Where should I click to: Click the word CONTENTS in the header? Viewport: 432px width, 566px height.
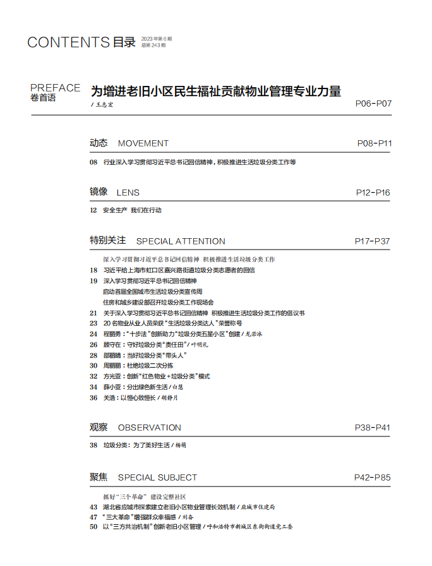coord(68,43)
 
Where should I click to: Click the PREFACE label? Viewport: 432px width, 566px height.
coord(56,88)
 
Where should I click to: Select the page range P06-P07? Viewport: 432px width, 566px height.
coord(374,102)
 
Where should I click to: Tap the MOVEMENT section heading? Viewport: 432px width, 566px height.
coord(143,143)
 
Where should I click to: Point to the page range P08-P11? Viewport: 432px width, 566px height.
coord(375,143)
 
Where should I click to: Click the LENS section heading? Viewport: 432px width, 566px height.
coord(128,193)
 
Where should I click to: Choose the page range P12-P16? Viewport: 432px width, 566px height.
coord(373,193)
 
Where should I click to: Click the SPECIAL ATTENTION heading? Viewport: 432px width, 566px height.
coord(181,241)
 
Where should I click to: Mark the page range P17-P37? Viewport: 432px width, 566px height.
coord(373,241)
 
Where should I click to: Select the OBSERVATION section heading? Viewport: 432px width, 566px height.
coord(150,428)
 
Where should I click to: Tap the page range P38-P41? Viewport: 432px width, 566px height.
coord(373,428)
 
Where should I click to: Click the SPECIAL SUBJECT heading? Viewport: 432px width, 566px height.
coord(157,478)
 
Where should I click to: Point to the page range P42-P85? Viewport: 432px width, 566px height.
coord(373,478)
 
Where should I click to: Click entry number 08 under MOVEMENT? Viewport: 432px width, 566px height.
coord(93,162)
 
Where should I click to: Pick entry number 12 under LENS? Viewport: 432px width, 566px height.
coord(93,210)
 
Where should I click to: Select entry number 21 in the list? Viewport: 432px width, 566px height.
coord(93,313)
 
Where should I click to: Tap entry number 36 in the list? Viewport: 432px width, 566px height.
coord(93,398)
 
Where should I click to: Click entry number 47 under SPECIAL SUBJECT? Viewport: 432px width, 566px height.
coord(93,517)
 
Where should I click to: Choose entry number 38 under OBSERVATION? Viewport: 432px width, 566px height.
coord(93,445)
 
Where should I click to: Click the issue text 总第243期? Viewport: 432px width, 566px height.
coord(153,45)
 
